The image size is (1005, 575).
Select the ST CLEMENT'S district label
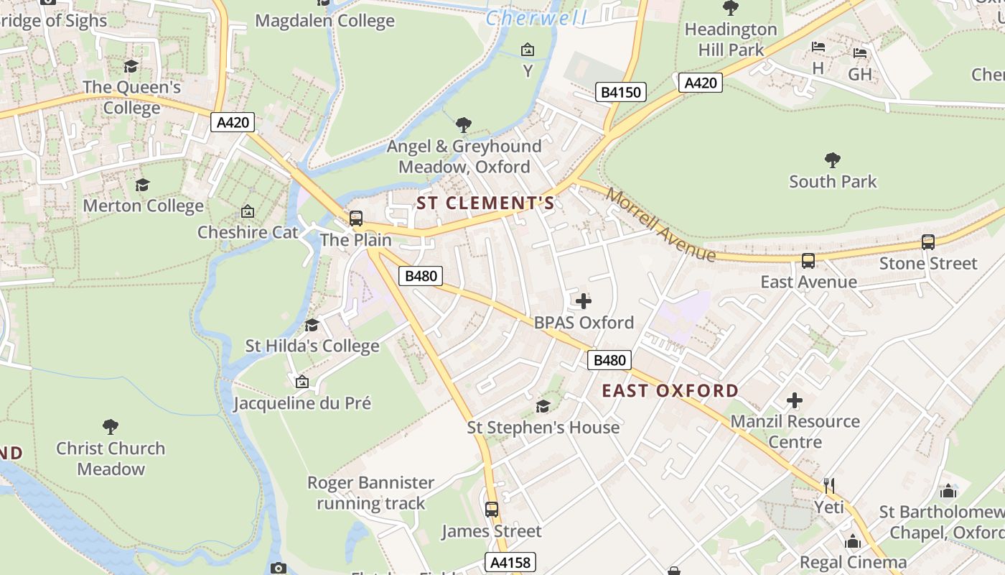[x=486, y=203]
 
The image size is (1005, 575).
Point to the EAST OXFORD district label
[x=670, y=391]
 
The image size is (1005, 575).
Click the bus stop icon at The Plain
[x=355, y=218]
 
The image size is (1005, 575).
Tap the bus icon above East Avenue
[x=808, y=261]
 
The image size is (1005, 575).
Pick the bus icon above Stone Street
[x=928, y=242]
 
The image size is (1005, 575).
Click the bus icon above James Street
[x=492, y=510]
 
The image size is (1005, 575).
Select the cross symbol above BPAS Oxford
[x=584, y=301]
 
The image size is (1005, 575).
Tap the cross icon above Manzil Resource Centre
[x=795, y=400]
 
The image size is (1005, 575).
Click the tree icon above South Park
[x=833, y=160]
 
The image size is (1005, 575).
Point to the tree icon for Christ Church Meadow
[x=111, y=427]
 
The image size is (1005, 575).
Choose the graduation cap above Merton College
[x=143, y=185]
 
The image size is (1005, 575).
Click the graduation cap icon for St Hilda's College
[x=312, y=325]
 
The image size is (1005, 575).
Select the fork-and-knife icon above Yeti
[x=829, y=486]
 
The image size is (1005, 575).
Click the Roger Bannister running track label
[x=370, y=493]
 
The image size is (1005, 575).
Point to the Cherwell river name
[x=536, y=18]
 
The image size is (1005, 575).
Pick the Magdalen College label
[x=324, y=21]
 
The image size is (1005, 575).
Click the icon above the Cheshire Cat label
[x=248, y=211]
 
